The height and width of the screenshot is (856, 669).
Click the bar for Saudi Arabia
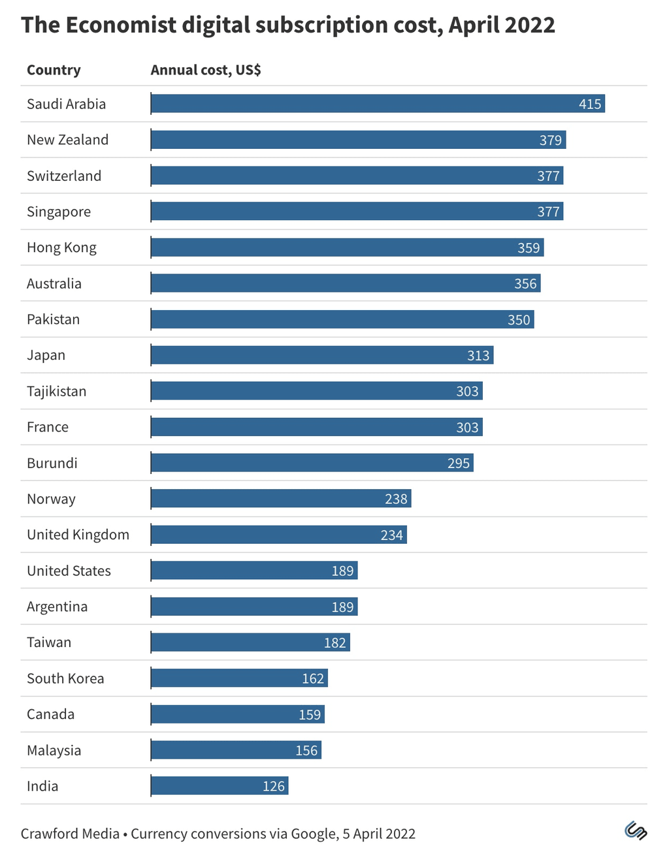(x=378, y=104)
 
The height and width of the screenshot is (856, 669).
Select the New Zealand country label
(x=67, y=140)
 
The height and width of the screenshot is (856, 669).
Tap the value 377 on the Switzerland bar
(x=548, y=176)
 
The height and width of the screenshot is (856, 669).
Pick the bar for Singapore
(x=357, y=212)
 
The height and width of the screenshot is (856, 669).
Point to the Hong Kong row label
(x=61, y=247)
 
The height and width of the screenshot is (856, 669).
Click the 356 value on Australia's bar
(x=525, y=283)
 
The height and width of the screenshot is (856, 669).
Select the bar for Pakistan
(x=342, y=319)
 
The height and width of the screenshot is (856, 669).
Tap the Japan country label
(x=46, y=355)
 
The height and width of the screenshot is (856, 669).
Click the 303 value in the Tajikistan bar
(x=467, y=391)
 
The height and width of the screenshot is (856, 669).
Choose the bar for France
(x=316, y=427)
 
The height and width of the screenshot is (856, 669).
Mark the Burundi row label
(x=52, y=463)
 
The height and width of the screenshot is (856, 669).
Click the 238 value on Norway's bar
(x=396, y=499)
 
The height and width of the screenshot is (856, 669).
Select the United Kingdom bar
(x=278, y=535)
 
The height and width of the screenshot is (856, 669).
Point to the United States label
(x=69, y=571)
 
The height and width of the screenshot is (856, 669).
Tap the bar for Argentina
(x=254, y=607)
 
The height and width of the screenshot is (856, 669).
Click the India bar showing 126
(x=220, y=786)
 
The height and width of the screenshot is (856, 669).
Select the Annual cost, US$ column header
(x=206, y=70)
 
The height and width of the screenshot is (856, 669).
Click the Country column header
(x=54, y=70)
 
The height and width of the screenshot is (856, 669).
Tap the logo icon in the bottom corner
(x=635, y=831)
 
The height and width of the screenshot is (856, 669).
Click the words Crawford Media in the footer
(x=70, y=834)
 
